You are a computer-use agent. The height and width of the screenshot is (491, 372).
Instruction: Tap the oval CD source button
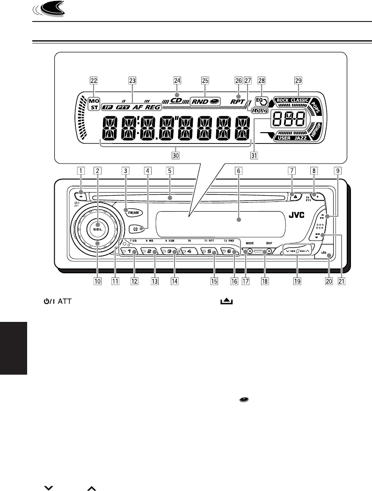(x=135, y=229)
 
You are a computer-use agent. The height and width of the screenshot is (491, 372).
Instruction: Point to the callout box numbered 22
(x=94, y=79)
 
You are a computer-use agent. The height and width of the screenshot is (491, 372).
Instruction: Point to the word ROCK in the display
(x=282, y=100)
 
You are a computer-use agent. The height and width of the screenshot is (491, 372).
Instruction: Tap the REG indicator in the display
(x=152, y=107)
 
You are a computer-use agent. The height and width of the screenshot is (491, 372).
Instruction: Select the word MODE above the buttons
(x=249, y=243)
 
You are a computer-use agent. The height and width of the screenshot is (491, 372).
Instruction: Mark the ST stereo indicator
(x=94, y=107)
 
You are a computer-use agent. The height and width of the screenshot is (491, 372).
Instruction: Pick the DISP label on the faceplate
(x=269, y=243)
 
